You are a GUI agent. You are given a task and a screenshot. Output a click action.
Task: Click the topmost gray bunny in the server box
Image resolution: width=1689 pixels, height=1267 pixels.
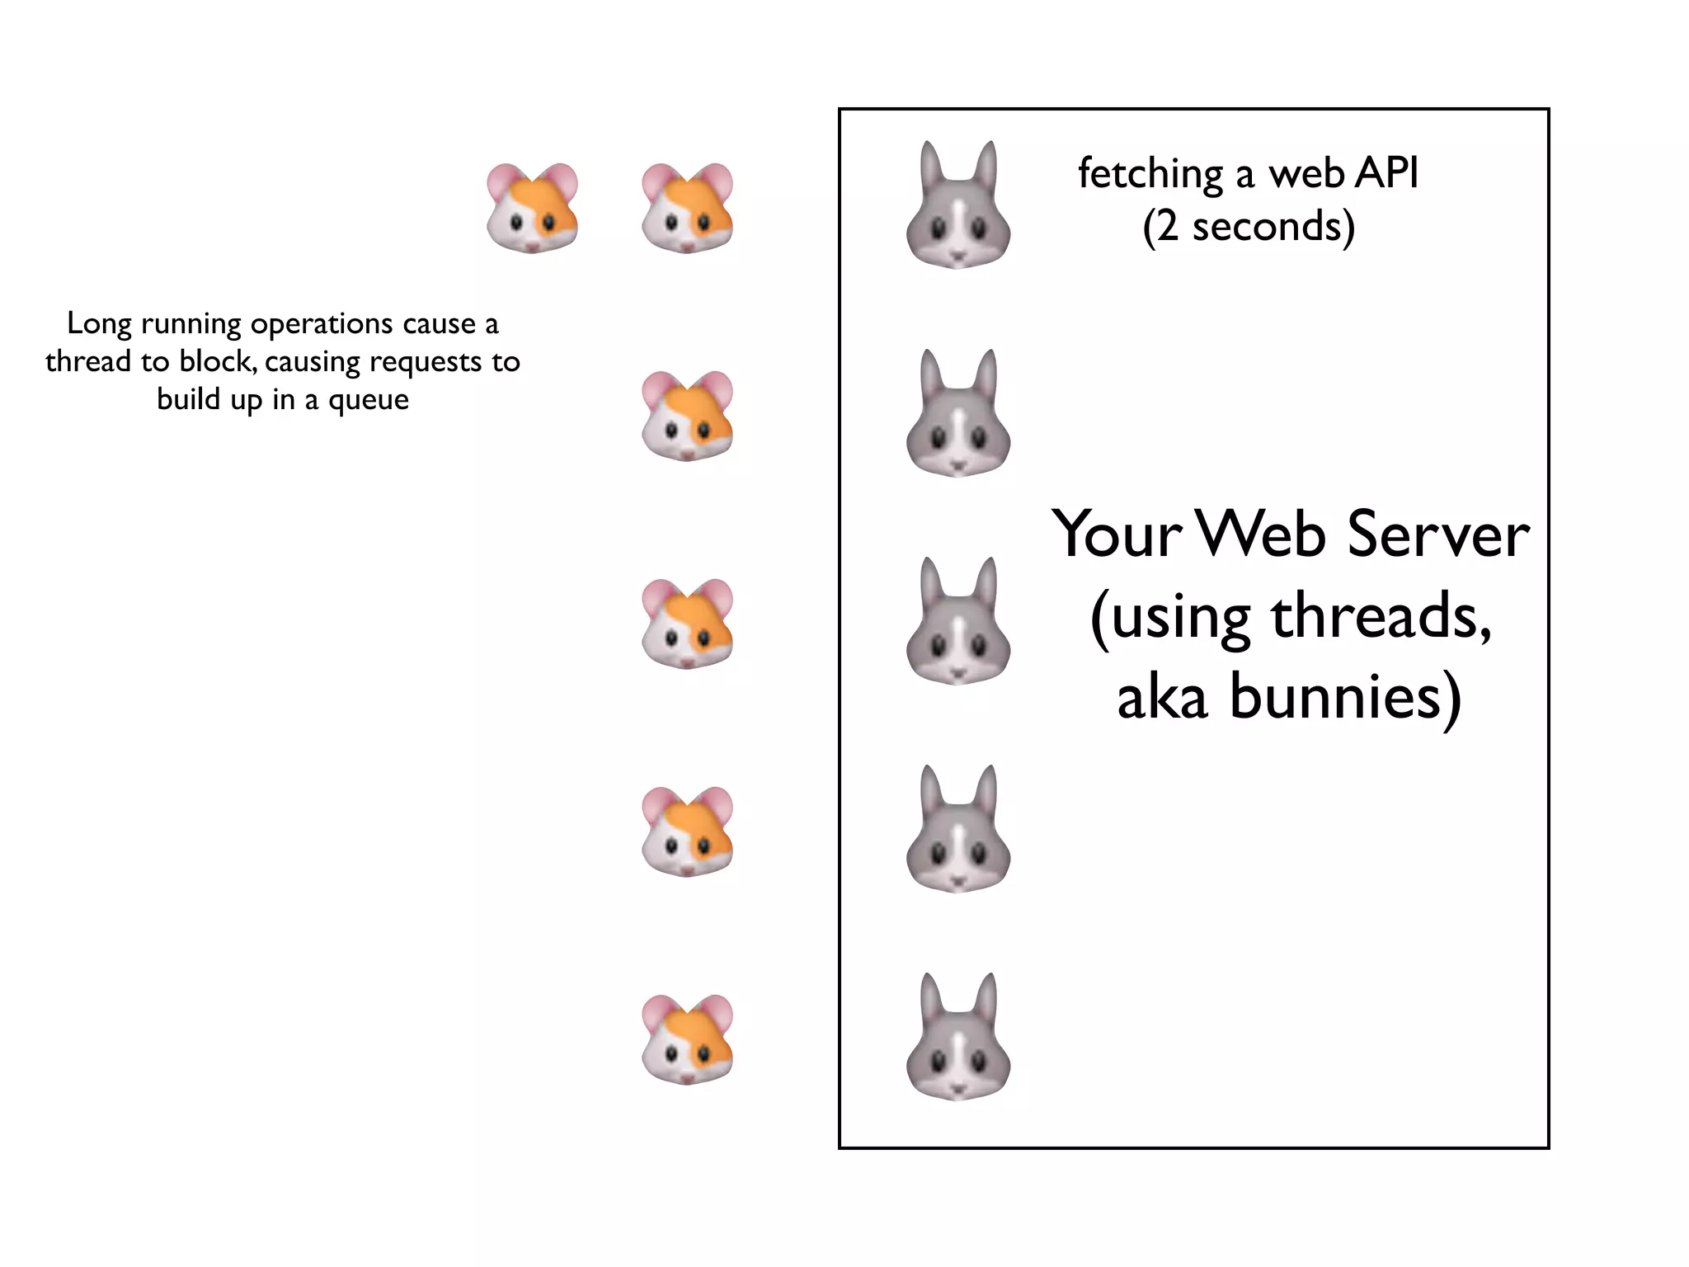pos(957,206)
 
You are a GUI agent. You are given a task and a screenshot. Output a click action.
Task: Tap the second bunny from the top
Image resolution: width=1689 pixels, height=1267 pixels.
pos(957,414)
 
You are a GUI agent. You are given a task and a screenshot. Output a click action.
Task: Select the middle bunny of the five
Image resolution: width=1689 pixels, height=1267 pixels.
pos(957,622)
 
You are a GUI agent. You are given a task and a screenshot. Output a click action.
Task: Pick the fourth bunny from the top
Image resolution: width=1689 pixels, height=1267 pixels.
pos(957,830)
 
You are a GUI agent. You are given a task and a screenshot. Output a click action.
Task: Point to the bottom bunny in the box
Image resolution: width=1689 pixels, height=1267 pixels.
pos(957,1038)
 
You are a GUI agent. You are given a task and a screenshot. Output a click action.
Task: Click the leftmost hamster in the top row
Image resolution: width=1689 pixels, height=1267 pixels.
pos(532,208)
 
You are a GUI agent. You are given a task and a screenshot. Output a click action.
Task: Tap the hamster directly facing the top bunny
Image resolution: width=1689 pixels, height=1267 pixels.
pos(687,208)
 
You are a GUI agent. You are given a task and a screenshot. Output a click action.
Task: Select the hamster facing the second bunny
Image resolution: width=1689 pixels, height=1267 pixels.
pos(687,416)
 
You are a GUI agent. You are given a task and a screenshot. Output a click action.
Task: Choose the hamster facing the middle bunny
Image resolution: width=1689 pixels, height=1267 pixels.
pos(687,624)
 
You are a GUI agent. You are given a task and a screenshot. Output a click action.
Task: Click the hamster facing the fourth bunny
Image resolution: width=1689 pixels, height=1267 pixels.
pos(687,831)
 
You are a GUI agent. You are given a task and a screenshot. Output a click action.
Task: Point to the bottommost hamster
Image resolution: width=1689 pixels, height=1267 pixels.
pos(687,1039)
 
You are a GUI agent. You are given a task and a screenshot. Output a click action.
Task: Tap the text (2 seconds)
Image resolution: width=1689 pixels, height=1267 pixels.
pos(1249,226)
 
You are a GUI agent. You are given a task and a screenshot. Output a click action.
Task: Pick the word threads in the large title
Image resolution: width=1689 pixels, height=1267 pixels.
pos(1381,616)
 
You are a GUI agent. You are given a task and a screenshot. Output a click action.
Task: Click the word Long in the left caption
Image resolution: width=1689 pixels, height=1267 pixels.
pos(99,324)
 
